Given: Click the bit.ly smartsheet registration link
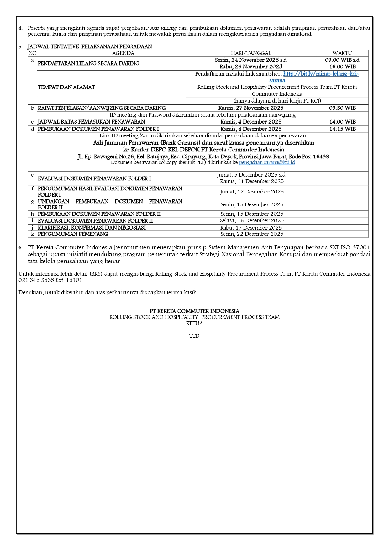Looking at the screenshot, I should (321, 74).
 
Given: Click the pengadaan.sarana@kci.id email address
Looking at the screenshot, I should (267, 162).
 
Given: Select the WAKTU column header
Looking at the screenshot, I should (342, 53).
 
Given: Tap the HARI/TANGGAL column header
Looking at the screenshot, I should (251, 53).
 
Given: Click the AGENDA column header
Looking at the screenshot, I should (123, 53).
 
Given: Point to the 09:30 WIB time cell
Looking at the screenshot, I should (342, 108).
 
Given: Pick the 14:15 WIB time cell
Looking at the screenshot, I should (342, 129).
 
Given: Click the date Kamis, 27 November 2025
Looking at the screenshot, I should (251, 108).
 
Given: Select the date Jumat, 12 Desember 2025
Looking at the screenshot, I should (252, 192).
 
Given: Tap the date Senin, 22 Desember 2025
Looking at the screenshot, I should (252, 234).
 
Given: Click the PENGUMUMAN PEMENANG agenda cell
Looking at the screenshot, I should (73, 234).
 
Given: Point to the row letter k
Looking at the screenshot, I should (32, 234).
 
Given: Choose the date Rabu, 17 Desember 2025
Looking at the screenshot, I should (251, 228).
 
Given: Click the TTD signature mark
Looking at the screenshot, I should (194, 336).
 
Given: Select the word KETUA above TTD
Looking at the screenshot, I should (194, 323).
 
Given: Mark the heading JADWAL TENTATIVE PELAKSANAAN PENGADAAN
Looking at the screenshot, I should (90, 46).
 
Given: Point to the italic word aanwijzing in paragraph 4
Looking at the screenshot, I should (164, 28).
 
